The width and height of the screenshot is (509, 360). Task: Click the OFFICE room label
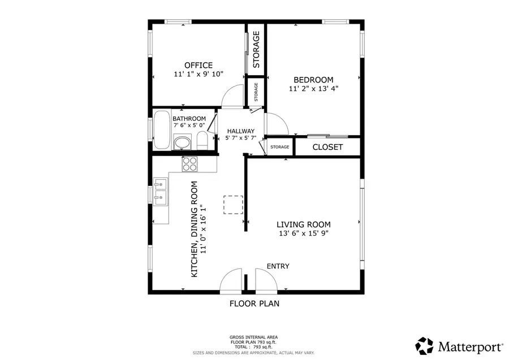click(x=198, y=65)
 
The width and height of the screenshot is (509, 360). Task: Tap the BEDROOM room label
click(x=313, y=80)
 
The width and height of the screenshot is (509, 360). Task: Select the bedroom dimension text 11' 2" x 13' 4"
click(x=313, y=89)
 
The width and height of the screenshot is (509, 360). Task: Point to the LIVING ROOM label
click(x=303, y=224)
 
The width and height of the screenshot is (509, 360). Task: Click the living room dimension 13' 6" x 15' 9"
click(x=303, y=233)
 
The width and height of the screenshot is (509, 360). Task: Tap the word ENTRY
click(x=278, y=266)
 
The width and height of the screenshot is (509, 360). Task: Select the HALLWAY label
click(x=241, y=131)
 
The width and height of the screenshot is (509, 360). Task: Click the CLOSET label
click(x=327, y=147)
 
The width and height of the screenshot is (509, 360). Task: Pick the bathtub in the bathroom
click(x=162, y=130)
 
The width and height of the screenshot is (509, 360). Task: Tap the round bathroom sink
click(x=182, y=142)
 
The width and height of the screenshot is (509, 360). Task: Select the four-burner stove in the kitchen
click(x=189, y=164)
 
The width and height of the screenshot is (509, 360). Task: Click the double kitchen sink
click(x=160, y=190)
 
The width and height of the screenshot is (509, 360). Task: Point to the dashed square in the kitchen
click(x=233, y=205)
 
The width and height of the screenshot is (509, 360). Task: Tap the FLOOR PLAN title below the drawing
click(x=254, y=303)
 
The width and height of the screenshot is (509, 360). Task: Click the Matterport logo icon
click(x=424, y=345)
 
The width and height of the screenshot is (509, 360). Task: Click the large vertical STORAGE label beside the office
click(x=256, y=49)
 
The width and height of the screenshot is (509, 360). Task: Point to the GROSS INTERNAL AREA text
click(x=253, y=337)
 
